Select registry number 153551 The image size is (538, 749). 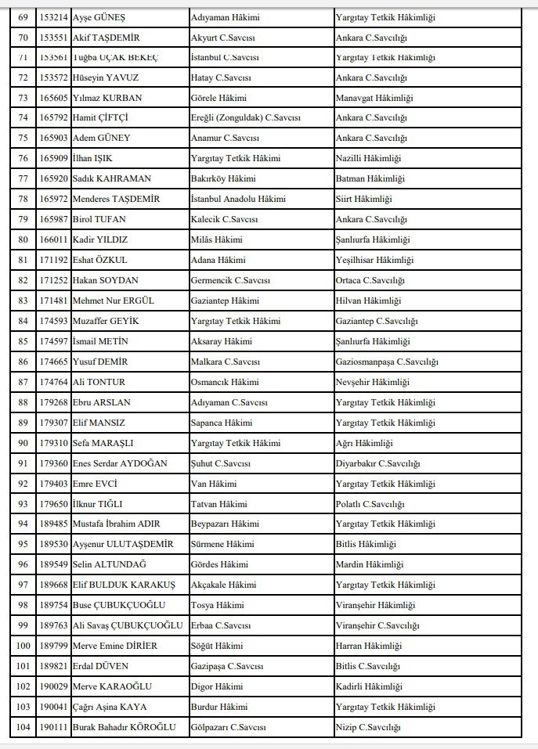52,38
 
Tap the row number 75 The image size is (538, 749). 23,139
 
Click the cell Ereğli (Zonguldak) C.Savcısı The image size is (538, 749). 245,118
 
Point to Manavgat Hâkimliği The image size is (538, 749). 374,99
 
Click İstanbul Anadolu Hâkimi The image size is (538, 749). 238,200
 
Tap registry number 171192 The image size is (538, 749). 52,260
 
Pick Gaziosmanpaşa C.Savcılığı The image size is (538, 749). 386,362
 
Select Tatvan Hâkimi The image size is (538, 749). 218,504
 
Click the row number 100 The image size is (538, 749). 23,646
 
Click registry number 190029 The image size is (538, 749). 52,687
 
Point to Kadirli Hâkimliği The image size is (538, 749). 368,687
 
